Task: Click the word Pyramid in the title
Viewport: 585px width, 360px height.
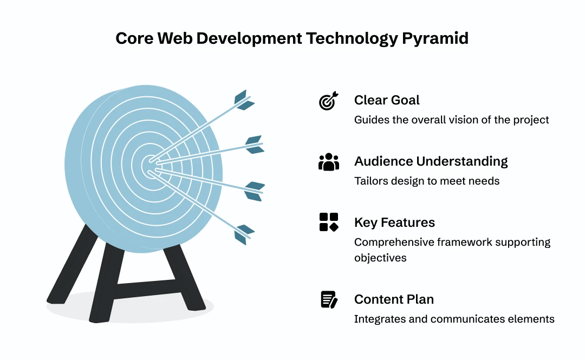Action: click(x=435, y=39)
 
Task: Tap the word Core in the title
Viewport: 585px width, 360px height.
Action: click(x=134, y=38)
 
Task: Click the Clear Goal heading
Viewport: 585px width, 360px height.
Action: click(x=387, y=100)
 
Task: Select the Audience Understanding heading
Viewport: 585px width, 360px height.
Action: click(x=431, y=161)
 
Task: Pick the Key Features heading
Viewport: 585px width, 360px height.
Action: click(x=394, y=222)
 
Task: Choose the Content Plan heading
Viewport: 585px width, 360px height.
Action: click(x=394, y=299)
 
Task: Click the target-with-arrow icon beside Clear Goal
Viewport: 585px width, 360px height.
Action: click(x=329, y=101)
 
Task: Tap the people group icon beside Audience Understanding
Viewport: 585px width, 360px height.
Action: click(x=329, y=162)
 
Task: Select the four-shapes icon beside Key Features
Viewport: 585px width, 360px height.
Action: click(x=329, y=222)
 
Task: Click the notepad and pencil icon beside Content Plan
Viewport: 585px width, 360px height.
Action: click(x=329, y=299)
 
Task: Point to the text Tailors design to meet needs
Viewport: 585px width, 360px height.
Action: click(x=427, y=181)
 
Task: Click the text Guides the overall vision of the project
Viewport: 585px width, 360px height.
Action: click(x=451, y=120)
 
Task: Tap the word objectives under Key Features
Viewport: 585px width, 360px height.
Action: click(x=380, y=258)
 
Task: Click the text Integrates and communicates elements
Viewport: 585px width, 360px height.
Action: click(x=454, y=319)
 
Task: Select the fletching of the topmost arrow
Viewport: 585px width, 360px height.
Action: click(x=244, y=100)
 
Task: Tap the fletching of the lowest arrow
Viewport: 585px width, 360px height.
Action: click(x=244, y=234)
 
